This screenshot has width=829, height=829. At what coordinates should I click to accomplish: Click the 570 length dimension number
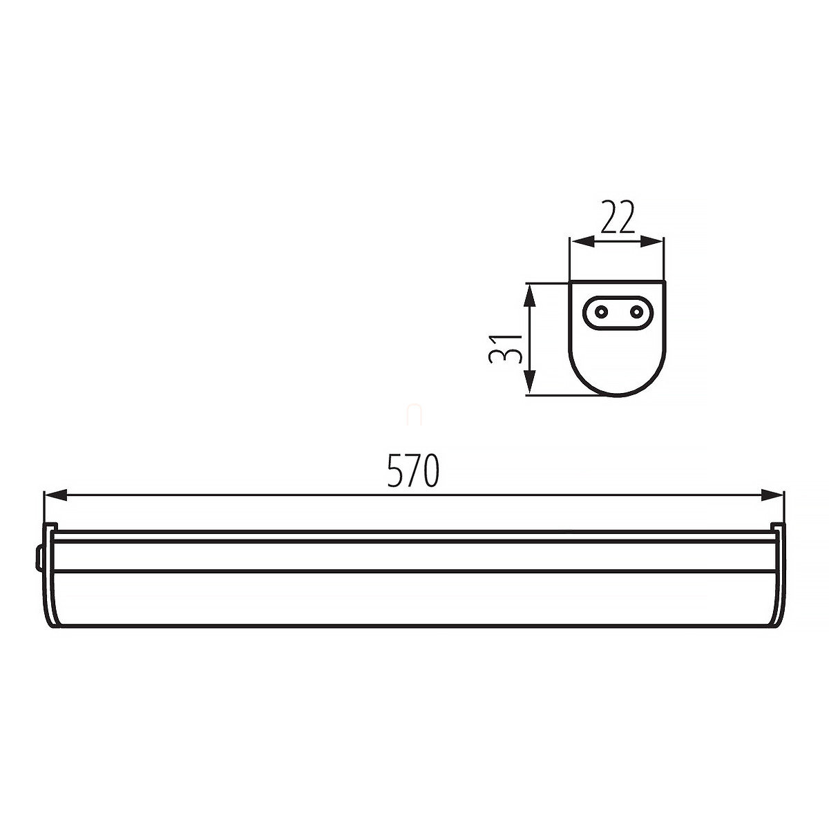tap(413, 470)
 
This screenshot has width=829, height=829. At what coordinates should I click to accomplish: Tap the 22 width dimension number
tap(617, 216)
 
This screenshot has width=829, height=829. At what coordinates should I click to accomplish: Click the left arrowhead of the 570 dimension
tap(55, 495)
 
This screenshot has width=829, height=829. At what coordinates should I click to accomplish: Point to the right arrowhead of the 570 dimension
tap(772, 495)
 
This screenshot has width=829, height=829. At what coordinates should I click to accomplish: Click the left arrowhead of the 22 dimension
tap(582, 242)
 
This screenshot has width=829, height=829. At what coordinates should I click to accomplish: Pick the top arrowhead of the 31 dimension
tap(531, 295)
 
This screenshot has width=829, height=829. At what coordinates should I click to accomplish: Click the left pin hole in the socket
tap(601, 312)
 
